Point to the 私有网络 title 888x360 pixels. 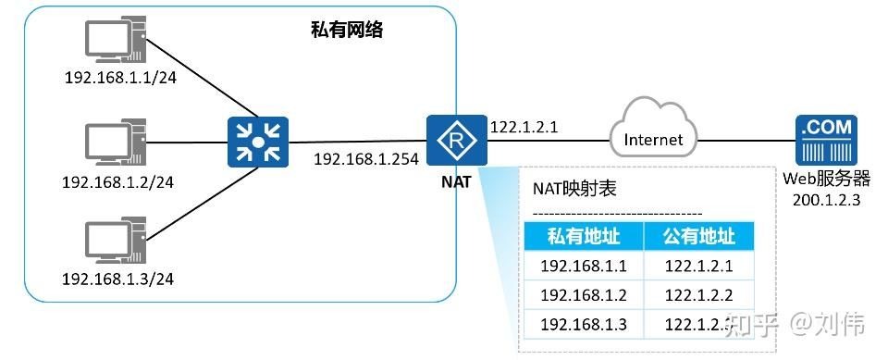point(347,30)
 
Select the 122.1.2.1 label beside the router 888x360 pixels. point(523,126)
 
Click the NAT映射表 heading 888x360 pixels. point(574,189)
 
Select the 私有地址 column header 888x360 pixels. point(584,237)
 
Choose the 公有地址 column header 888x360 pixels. point(698,237)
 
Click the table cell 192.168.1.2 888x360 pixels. point(584,295)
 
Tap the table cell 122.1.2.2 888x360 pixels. point(698,295)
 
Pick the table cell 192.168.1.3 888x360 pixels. point(584,324)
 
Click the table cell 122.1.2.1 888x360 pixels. point(698,267)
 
